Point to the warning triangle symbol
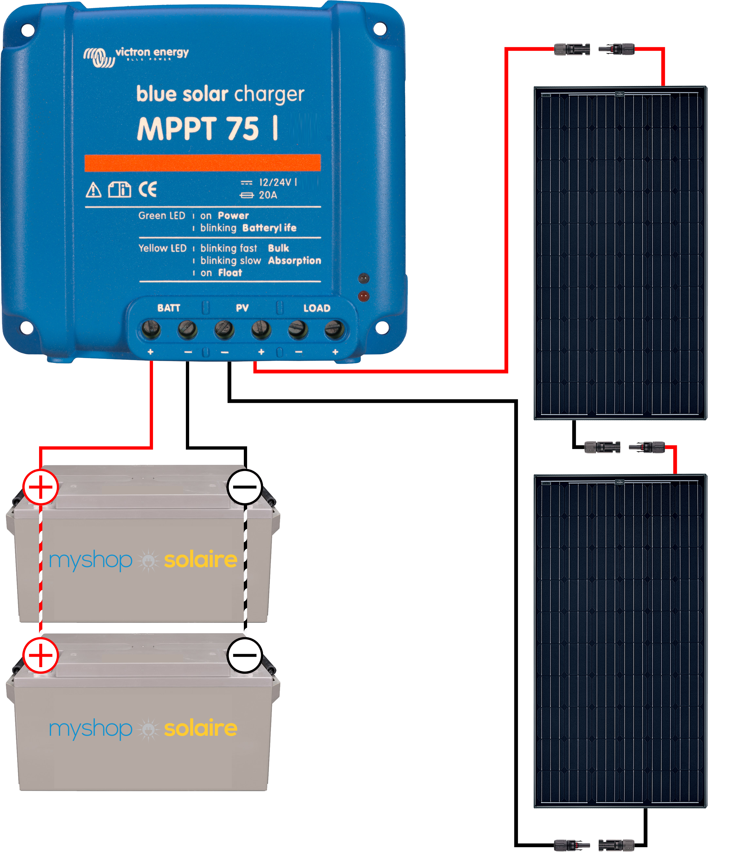tap(93, 190)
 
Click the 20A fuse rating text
tap(268, 195)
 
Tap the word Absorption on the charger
tap(295, 260)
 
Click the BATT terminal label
tap(169, 308)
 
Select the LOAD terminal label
tap(317, 308)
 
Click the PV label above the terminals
tap(242, 308)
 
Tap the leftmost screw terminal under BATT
tap(151, 329)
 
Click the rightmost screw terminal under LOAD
tap(334, 329)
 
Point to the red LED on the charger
tap(363, 296)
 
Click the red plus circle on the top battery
tap(40, 487)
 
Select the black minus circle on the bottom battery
tap(245, 655)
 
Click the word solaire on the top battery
tap(201, 560)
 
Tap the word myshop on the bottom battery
tap(91, 729)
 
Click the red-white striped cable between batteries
tap(41, 571)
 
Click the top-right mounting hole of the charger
tap(379, 29)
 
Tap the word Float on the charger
tap(230, 273)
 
